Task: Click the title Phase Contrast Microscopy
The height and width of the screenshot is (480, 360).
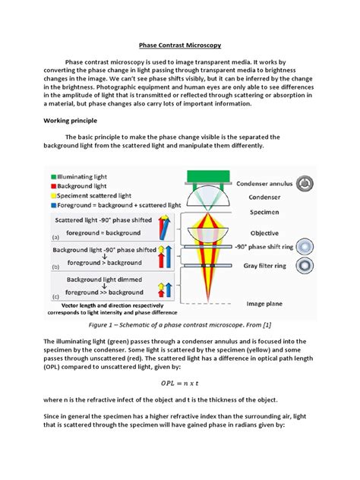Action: click(x=179, y=46)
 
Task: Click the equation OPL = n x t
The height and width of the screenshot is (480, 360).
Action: click(x=179, y=381)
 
